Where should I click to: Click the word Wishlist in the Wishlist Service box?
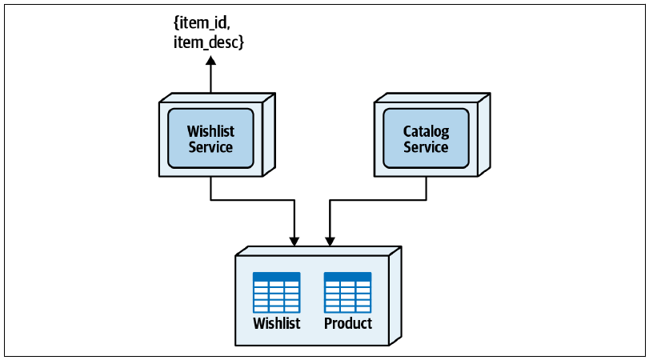[x=210, y=131]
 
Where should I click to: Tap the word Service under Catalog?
[x=426, y=147]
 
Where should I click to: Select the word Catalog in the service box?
[x=426, y=131]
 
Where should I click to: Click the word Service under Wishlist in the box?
[x=210, y=147]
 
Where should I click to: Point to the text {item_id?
[x=202, y=22]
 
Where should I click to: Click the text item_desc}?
[x=209, y=42]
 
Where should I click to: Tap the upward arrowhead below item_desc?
[x=211, y=61]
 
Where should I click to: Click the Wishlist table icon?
[x=277, y=293]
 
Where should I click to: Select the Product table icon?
[x=347, y=293]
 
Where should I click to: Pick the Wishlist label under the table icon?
[x=277, y=323]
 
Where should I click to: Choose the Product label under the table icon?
[x=347, y=323]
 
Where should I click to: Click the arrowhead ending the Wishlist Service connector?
[x=294, y=242]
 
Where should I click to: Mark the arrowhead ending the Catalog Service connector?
[x=330, y=242]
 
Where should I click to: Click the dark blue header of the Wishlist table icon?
[x=277, y=277]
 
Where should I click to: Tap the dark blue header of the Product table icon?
[x=347, y=277]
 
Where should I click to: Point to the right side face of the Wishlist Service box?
[x=269, y=135]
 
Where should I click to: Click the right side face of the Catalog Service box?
[x=484, y=135]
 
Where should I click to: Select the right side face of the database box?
[x=395, y=296]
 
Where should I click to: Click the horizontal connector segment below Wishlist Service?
[x=253, y=200]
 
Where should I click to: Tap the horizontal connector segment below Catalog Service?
[x=378, y=200]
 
